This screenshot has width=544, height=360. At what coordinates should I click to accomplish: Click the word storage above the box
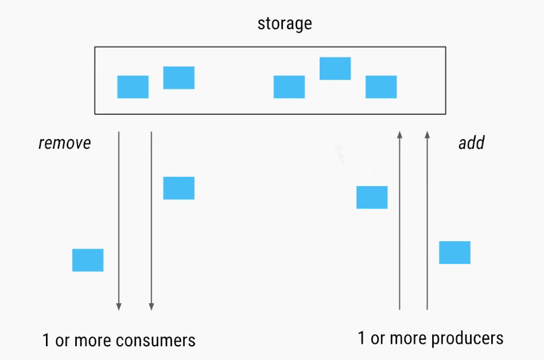285,24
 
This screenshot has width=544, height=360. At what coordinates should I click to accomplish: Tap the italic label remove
64,143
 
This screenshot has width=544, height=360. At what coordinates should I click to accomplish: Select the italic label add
471,143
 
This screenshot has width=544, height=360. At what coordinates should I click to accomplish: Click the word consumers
156,340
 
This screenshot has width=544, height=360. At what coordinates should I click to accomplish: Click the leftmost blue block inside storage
133,87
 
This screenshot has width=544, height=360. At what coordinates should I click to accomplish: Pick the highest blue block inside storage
335,68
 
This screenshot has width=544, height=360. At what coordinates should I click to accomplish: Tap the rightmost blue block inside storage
381,87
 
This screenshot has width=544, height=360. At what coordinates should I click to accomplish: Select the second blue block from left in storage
178,78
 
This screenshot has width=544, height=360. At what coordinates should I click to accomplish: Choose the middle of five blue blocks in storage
289,87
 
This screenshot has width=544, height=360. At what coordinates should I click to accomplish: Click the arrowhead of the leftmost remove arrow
119,307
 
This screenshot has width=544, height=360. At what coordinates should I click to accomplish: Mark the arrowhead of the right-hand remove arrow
151,307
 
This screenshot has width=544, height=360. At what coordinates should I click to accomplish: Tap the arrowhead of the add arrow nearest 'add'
427,135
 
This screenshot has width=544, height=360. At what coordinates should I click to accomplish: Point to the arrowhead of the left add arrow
400,135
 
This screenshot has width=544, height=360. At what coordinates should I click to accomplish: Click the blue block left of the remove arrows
88,260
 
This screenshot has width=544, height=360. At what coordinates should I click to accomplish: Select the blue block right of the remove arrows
178,188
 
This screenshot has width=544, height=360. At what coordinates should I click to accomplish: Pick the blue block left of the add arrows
372,197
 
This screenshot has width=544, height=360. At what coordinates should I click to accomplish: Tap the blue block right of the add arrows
454,253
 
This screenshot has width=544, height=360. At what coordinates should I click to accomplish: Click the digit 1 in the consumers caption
46,340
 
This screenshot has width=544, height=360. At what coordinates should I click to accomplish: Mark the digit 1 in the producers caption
362,338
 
